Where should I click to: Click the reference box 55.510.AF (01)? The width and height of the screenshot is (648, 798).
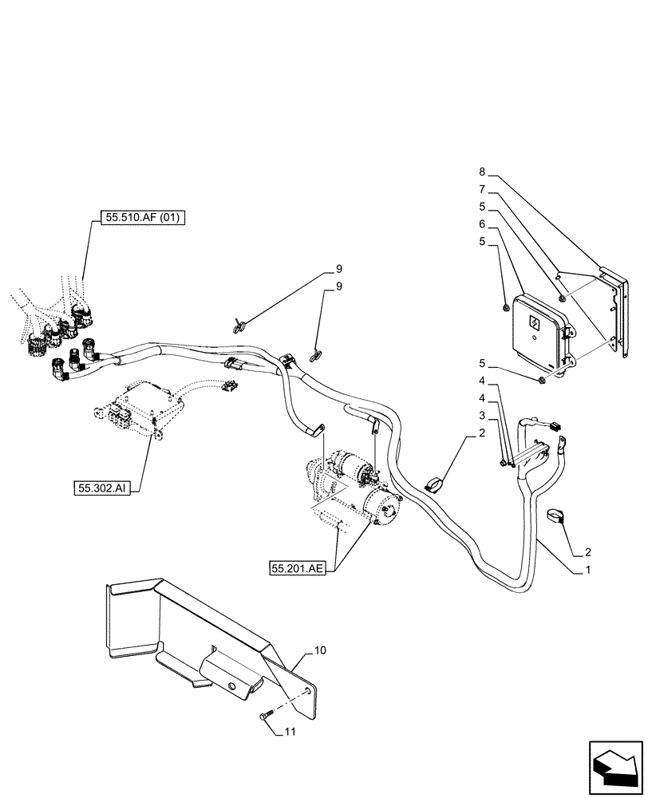point(143,216)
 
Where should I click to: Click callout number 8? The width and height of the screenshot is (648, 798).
point(482,172)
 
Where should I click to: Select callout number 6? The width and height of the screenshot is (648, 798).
point(482,223)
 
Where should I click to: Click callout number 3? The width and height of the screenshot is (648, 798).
point(482,416)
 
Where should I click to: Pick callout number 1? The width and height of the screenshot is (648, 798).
point(589,571)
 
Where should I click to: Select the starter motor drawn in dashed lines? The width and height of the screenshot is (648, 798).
point(358,491)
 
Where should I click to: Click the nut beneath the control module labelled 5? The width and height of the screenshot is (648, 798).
point(542,377)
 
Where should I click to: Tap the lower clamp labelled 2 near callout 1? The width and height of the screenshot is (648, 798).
point(555,519)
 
